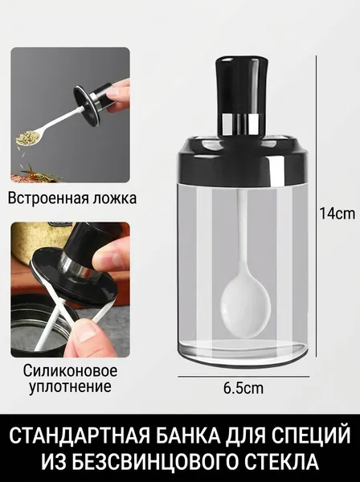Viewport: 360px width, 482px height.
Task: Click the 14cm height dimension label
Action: click(x=337, y=213)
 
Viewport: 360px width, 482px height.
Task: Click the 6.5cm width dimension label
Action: click(x=243, y=388)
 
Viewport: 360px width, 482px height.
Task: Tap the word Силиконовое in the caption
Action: click(x=71, y=370)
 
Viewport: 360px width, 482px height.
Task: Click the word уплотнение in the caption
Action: click(x=70, y=386)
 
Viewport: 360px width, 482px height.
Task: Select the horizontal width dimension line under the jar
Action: click(x=243, y=376)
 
